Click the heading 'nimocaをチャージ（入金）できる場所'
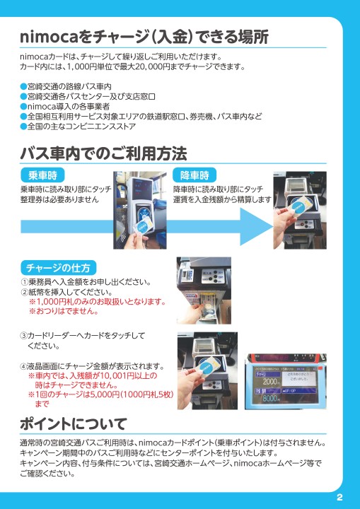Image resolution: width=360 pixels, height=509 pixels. (144, 36)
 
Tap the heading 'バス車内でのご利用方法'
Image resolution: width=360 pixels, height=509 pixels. (103, 153)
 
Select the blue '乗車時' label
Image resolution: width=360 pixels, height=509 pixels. (42, 175)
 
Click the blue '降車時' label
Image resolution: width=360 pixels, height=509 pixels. (194, 175)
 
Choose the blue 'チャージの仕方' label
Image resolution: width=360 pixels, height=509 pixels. (58, 268)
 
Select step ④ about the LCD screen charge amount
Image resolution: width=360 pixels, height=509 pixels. (92, 366)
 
